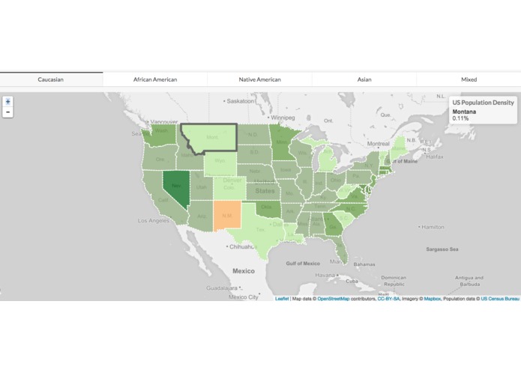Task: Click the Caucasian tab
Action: tap(51, 79)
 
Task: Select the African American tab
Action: tap(155, 79)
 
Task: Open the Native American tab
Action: tap(259, 79)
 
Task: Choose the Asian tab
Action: tap(364, 79)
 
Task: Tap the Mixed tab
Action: tap(469, 79)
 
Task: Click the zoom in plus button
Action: tap(7, 101)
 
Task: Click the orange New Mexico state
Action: tap(228, 214)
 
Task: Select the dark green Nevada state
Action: tap(177, 184)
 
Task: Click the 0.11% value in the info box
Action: tap(460, 118)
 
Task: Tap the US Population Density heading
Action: tap(483, 102)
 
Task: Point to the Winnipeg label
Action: tap(283, 118)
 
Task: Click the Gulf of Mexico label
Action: tap(303, 263)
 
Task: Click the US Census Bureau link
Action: tap(500, 298)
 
